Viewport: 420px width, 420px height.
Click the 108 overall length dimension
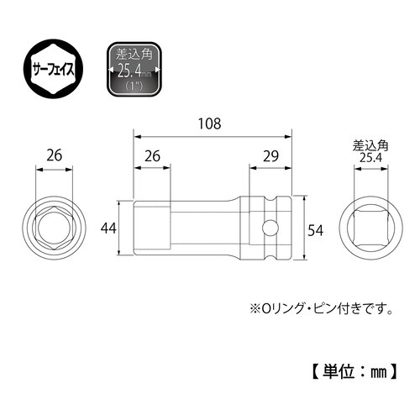(x=211, y=123)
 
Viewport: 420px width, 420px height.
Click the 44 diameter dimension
(x=108, y=228)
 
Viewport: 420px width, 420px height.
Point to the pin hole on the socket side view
(x=270, y=228)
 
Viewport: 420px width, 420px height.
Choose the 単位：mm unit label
(x=358, y=368)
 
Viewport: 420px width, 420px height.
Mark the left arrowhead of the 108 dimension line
(x=136, y=134)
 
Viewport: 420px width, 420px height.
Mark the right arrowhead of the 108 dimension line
(x=289, y=134)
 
